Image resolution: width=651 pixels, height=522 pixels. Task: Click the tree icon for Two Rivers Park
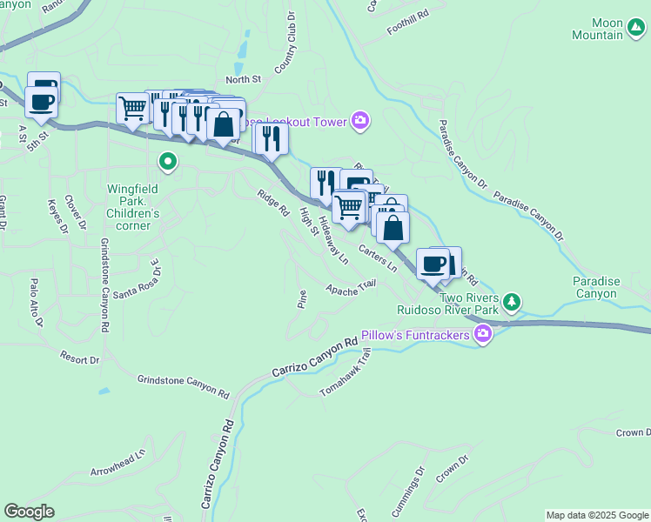pos(513,301)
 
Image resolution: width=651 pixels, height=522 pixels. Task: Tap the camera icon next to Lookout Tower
pos(359,122)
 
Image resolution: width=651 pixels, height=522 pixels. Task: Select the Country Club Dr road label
pos(285,49)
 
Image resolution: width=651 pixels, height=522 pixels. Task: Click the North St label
pos(243,79)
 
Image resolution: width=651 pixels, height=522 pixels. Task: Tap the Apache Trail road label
pos(351,287)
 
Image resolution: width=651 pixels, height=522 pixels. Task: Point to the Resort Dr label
pos(80,358)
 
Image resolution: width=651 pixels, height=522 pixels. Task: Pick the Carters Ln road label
pos(377,259)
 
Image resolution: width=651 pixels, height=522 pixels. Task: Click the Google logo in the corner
pos(29,512)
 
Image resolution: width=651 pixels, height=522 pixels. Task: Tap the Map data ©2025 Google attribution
pos(596,515)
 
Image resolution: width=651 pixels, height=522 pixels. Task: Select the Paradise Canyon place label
pos(596,287)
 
